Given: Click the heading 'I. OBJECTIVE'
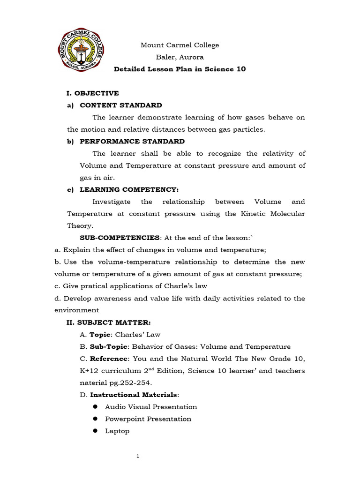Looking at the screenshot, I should click(x=93, y=93).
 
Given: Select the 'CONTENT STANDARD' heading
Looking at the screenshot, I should click(x=121, y=105).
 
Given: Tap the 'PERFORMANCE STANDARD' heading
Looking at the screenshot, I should click(x=132, y=142).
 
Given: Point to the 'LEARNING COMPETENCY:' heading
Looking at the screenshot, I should click(x=129, y=190).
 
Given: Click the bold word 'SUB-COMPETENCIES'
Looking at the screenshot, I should click(x=120, y=238).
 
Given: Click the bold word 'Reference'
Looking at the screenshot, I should click(x=109, y=359).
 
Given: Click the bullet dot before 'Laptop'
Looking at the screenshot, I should click(x=95, y=431).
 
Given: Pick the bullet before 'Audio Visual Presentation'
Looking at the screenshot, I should click(x=95, y=407).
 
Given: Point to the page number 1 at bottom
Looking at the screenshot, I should click(x=138, y=457).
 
